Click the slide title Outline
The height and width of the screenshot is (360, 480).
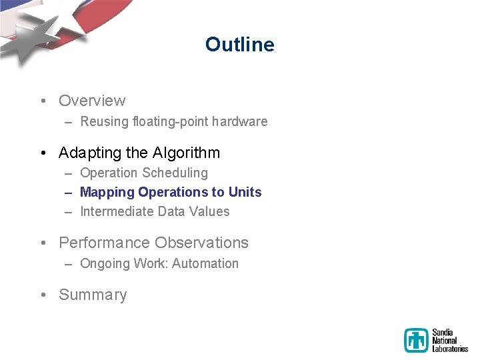tap(239, 45)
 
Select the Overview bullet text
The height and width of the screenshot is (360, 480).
tap(92, 101)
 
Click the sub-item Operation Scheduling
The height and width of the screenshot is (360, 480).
tap(144, 173)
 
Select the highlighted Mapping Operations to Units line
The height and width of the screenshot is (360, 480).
tap(171, 193)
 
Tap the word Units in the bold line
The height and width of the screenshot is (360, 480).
tap(245, 193)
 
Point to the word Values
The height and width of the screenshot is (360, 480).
tap(209, 212)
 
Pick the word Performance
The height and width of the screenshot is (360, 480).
tap(104, 243)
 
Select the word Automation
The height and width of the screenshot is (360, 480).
tap(205, 264)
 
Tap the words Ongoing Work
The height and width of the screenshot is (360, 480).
tap(123, 264)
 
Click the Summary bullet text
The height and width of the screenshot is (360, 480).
tap(93, 295)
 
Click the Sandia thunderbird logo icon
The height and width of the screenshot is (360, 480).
tap(416, 340)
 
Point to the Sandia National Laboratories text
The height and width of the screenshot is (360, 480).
tap(449, 340)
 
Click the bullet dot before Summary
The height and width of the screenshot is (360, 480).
tap(42, 295)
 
